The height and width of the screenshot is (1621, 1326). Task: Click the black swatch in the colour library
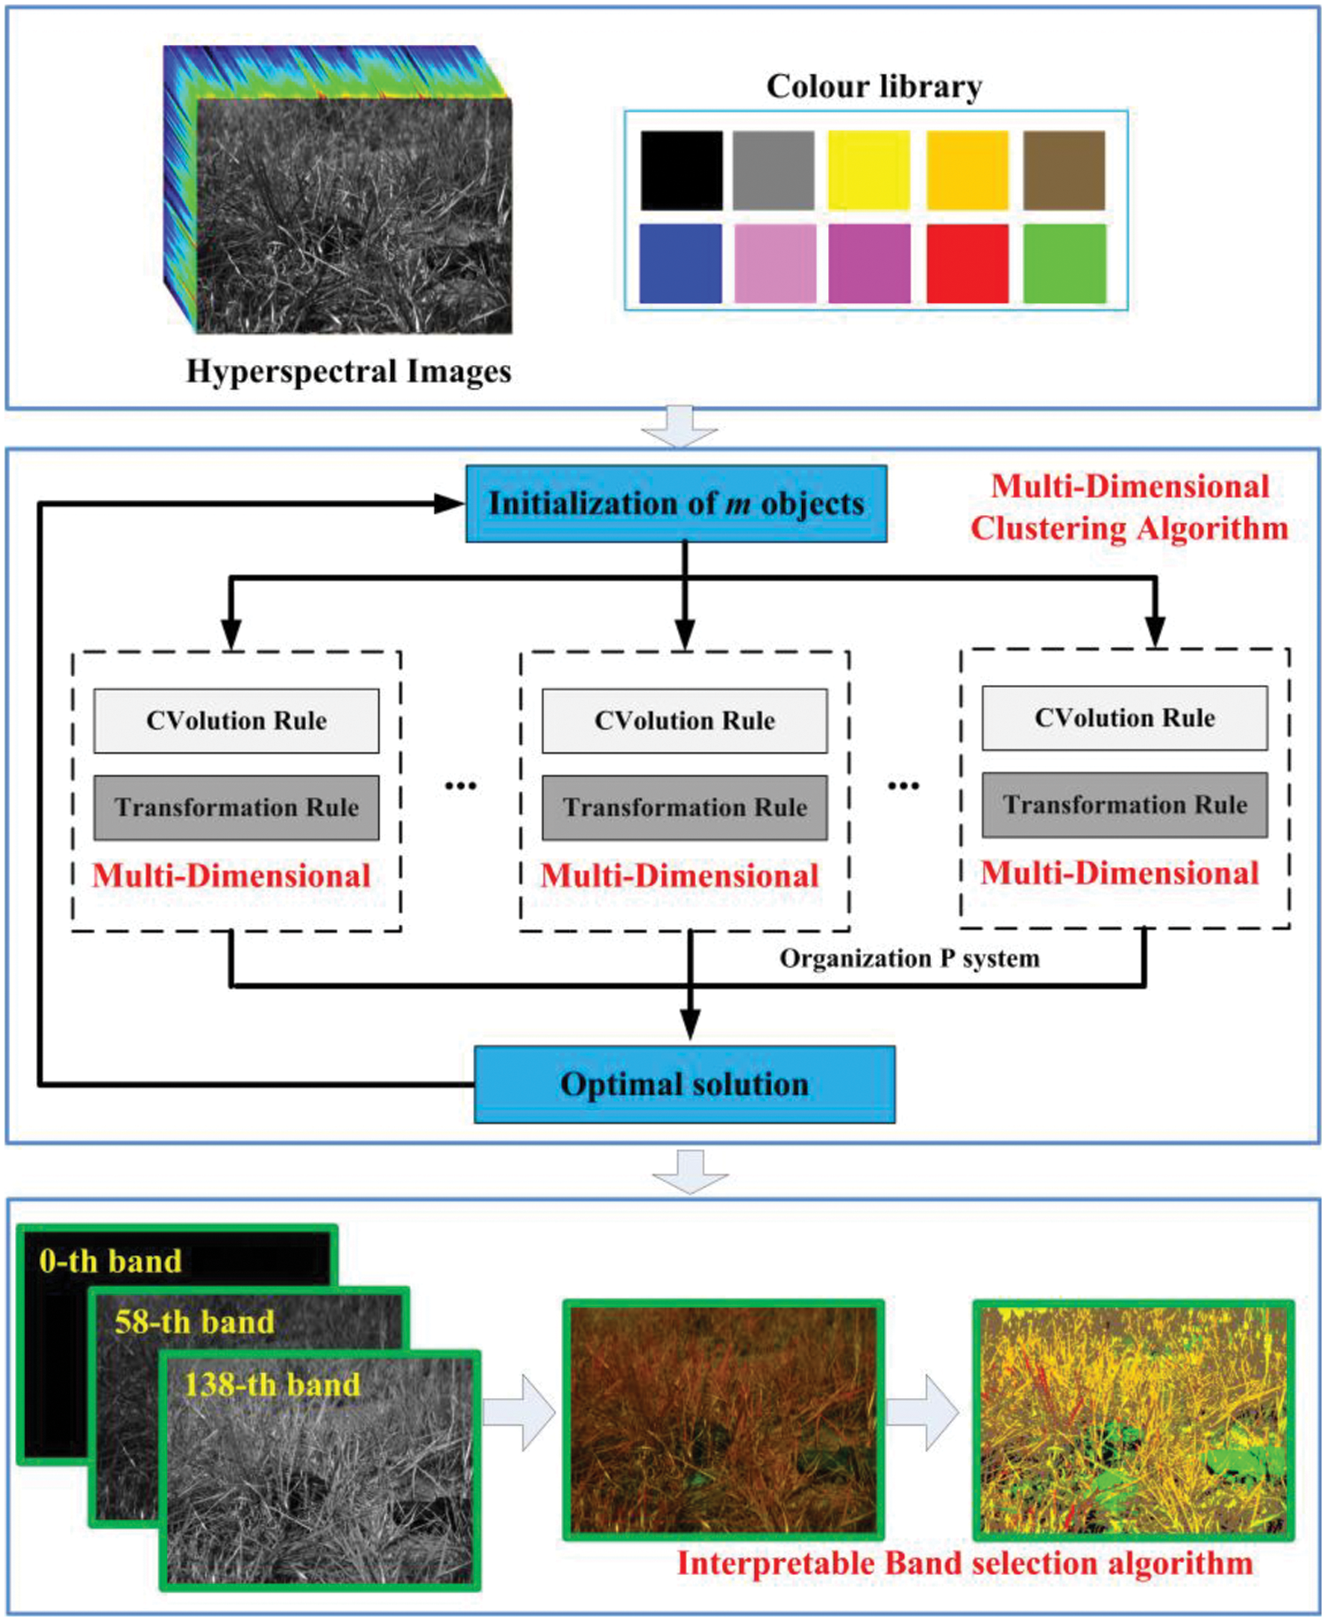click(x=682, y=171)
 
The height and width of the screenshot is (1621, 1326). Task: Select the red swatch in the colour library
click(x=967, y=263)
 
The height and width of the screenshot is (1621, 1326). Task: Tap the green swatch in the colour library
click(x=1064, y=263)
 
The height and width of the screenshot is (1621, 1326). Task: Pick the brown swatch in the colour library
click(x=1064, y=171)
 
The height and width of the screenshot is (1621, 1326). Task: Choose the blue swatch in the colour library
click(x=681, y=263)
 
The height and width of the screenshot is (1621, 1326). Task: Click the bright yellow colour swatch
click(x=869, y=171)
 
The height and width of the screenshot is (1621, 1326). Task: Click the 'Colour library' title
click(x=874, y=87)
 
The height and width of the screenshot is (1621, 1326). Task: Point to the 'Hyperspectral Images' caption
click(x=348, y=371)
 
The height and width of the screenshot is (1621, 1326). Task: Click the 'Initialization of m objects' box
click(x=676, y=504)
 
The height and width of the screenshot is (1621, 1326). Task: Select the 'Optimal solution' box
click(x=684, y=1084)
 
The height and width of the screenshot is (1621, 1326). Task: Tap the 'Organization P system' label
click(x=909, y=959)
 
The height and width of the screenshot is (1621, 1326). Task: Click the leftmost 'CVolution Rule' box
click(x=236, y=721)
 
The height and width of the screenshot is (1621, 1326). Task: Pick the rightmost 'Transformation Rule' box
click(x=1124, y=805)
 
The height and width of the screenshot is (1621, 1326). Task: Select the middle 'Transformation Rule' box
click(x=684, y=808)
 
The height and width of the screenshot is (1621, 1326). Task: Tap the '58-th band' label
click(x=194, y=1322)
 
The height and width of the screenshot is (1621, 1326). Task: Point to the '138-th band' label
click(x=272, y=1384)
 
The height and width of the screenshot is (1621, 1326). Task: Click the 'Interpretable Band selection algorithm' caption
click(x=964, y=1564)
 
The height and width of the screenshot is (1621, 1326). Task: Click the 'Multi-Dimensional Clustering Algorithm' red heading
click(x=1129, y=507)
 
